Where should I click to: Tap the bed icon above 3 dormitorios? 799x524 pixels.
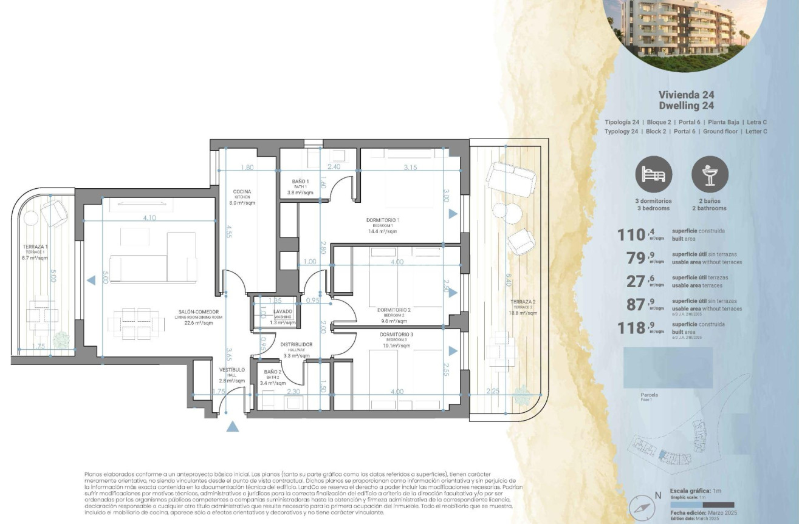coord(654,174)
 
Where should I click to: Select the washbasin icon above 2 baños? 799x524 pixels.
coord(710,174)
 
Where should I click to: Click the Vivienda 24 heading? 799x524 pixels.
coord(686,95)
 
